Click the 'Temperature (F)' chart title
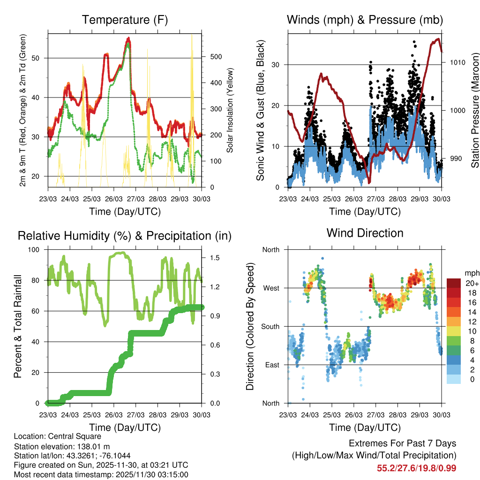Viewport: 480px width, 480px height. click(125, 20)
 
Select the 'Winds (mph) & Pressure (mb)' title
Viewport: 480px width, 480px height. click(365, 20)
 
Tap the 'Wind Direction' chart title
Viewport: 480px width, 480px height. click(365, 233)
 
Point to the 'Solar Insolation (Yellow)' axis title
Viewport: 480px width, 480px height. click(230, 111)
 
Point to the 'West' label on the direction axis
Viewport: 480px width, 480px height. click(270, 288)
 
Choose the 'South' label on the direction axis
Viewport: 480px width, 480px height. click(270, 327)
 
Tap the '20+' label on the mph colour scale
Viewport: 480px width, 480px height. click(471, 283)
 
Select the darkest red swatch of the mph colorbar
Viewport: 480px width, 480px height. click(453, 283)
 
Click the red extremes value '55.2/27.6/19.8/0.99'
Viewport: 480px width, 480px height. click(416, 468)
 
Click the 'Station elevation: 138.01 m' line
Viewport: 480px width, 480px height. click(63, 446)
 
